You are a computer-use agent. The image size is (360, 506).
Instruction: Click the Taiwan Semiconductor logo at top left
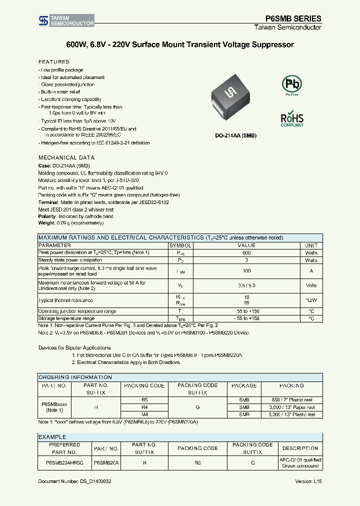point(66,20)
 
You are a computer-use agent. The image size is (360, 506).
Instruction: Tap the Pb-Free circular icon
point(291,84)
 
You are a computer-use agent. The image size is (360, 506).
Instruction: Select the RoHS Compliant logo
point(291,119)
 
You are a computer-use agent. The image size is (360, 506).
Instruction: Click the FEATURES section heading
point(54,61)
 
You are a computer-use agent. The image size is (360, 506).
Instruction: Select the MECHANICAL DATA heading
point(66,157)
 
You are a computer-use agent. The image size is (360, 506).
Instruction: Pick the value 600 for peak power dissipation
point(246,253)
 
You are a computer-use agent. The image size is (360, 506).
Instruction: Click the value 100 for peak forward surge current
point(246,271)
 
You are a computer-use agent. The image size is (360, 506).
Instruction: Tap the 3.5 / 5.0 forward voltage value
point(246,285)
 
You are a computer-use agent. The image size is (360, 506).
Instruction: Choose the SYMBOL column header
point(180,245)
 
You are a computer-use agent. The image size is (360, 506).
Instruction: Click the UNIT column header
point(311,245)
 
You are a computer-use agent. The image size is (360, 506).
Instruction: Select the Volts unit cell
point(311,285)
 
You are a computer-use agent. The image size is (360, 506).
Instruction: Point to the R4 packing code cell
point(144,407)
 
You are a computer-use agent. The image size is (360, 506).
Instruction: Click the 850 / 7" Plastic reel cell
point(291,400)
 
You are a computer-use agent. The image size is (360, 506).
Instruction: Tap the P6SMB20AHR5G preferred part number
point(64,463)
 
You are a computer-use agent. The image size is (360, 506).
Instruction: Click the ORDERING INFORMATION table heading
point(75,377)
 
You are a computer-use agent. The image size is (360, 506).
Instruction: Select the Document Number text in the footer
point(75,481)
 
